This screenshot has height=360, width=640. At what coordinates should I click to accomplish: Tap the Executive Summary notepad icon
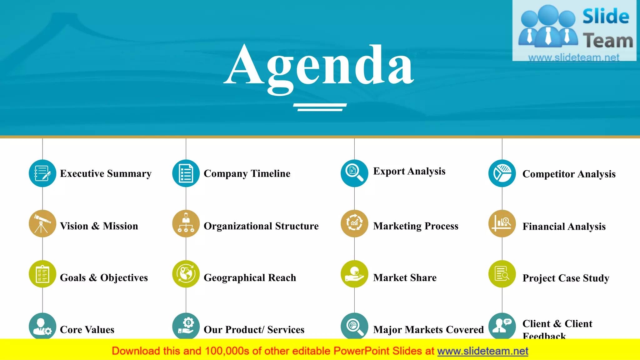42,173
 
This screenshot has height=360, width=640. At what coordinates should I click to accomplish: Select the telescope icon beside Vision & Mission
42,223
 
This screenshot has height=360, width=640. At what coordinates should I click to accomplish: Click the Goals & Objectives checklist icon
42,274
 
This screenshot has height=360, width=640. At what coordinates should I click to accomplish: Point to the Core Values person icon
42,326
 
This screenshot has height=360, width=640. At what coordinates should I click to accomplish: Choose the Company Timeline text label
247,173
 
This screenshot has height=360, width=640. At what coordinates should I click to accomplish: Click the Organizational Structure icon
186,223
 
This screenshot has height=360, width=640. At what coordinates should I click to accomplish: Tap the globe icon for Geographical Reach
186,274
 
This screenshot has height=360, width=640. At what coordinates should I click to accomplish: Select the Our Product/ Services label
254,330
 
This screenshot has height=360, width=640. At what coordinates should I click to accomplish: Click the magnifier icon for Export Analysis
354,173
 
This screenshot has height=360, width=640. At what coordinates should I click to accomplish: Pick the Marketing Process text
416,226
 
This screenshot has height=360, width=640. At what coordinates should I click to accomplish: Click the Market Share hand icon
354,274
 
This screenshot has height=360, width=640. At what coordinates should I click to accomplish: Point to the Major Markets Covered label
428,330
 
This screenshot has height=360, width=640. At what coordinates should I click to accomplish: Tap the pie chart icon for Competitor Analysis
502,173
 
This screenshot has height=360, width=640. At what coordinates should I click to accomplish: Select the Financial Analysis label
564,226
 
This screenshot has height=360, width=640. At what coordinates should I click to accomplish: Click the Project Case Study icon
502,274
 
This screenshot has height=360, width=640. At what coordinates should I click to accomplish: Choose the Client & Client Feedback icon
502,326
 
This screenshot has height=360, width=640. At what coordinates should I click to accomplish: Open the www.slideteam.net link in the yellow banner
482,351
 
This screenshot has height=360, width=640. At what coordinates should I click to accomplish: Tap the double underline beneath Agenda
320,107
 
